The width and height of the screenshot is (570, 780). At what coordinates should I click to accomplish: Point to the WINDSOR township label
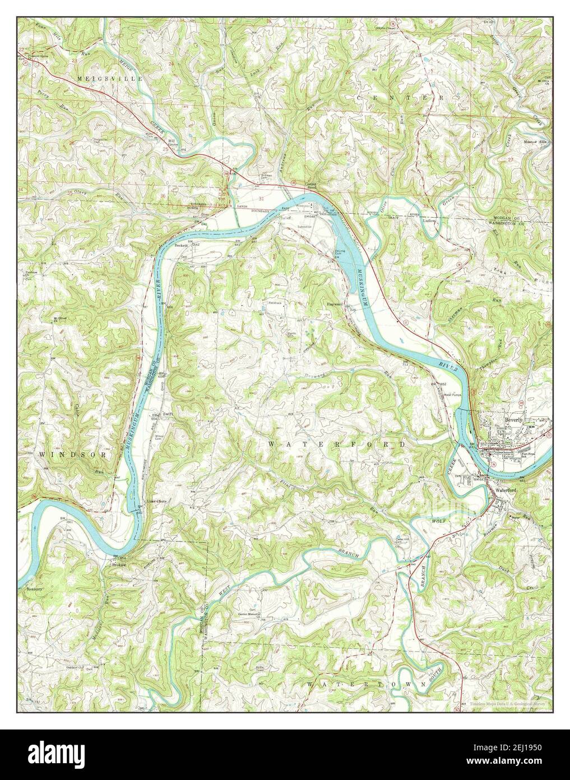pyautogui.click(x=73, y=456)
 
